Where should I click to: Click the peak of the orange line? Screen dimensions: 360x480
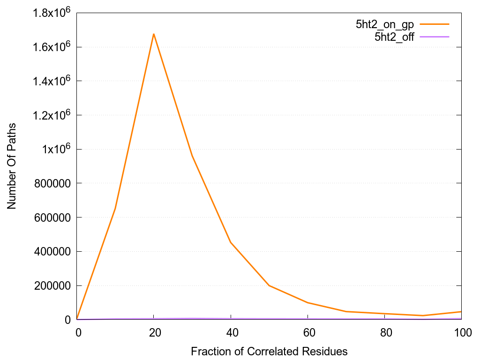coord(154,34)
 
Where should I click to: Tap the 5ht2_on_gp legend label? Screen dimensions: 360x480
coord(385,25)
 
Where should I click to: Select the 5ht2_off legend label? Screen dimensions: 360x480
coord(394,37)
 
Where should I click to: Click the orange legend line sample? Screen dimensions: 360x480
coord(435,25)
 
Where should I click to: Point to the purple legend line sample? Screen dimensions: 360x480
coord(435,37)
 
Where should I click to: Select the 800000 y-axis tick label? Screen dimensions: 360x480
coord(54,183)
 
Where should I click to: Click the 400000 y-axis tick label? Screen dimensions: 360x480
coord(54,252)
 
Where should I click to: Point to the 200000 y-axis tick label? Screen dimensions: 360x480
coord(54,286)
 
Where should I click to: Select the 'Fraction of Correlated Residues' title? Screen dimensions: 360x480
coord(269,351)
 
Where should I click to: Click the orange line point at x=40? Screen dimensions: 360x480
coord(231,242)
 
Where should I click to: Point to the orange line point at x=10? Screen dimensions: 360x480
coord(115,209)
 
